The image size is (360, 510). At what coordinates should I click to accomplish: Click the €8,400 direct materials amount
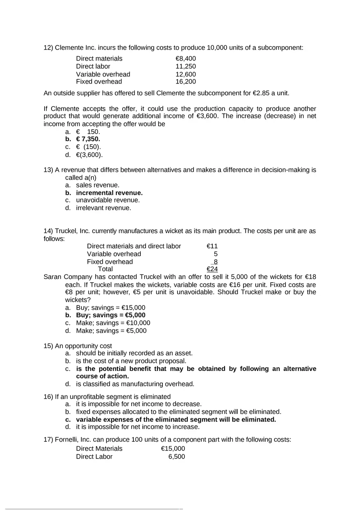click(185, 58)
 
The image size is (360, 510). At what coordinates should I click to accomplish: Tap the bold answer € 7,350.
click(88, 139)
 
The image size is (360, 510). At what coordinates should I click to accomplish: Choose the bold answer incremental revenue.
click(109, 193)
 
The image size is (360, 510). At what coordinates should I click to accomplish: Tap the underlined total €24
click(212, 269)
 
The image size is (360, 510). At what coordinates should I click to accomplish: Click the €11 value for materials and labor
click(212, 246)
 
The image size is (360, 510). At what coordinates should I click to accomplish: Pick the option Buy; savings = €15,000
click(110, 308)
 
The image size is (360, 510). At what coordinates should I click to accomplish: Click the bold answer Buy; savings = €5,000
click(110, 315)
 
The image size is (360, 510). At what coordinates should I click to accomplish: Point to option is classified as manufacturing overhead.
click(135, 384)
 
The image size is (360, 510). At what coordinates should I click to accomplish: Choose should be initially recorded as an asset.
click(134, 353)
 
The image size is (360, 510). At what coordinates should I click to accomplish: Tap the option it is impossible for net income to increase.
click(137, 427)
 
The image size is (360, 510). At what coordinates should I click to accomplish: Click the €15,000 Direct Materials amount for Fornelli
click(173, 449)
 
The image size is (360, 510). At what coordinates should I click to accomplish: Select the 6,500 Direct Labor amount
click(176, 456)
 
